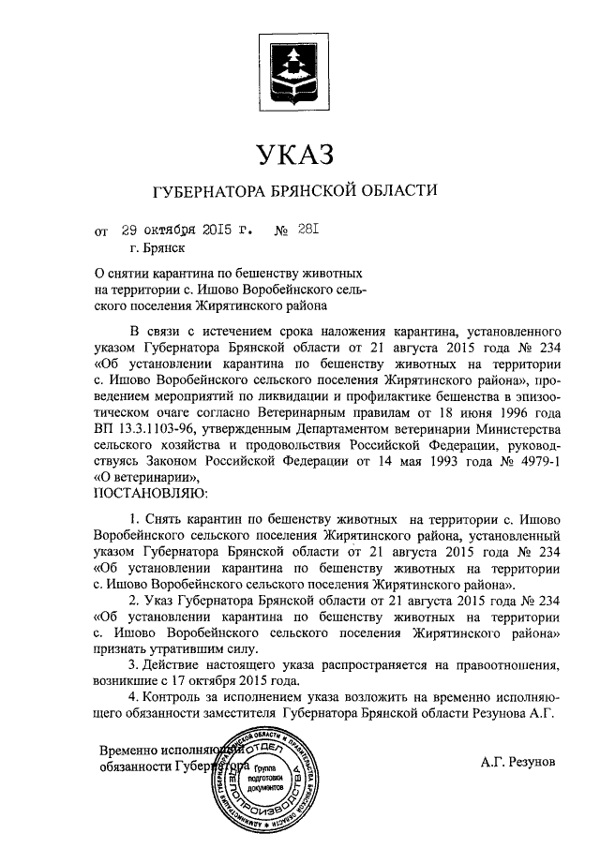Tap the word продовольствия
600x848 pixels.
pos(275,444)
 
